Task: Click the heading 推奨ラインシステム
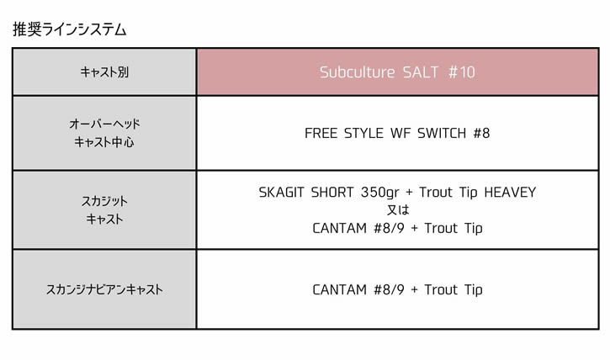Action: click(x=70, y=29)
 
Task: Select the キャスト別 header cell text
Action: click(x=104, y=72)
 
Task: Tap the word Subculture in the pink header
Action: click(x=357, y=72)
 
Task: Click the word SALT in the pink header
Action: click(x=420, y=72)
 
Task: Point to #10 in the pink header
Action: click(x=462, y=72)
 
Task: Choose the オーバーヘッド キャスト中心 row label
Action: click(x=104, y=133)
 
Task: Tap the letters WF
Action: click(x=400, y=134)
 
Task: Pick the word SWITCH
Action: click(x=442, y=134)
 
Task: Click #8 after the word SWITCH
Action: click(x=481, y=134)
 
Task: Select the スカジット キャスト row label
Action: click(x=104, y=210)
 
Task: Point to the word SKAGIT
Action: click(x=281, y=193)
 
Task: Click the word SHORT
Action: click(x=332, y=193)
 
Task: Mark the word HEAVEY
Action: click(x=510, y=193)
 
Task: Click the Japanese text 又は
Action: click(x=398, y=210)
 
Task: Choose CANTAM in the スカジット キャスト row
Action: click(x=340, y=228)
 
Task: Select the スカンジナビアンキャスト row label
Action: click(x=104, y=289)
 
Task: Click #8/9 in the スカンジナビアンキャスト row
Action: click(x=389, y=289)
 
